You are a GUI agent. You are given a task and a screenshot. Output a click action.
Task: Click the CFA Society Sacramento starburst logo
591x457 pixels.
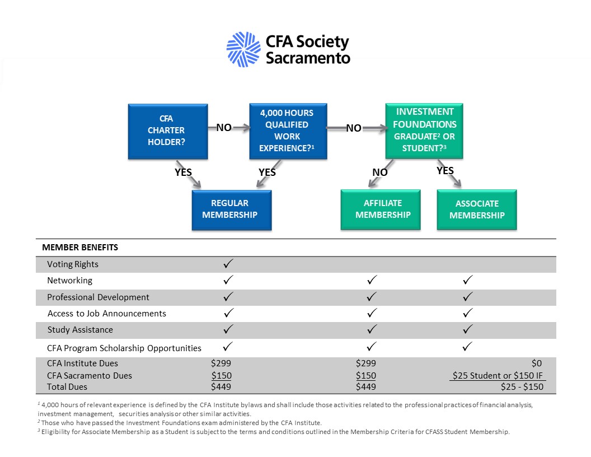[x=243, y=49]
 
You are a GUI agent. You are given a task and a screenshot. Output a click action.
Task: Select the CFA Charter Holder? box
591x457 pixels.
[x=168, y=130]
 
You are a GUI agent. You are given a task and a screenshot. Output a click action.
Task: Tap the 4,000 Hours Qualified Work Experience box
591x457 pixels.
[x=287, y=130]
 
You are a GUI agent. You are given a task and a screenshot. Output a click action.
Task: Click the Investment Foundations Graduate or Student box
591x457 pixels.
[x=424, y=130]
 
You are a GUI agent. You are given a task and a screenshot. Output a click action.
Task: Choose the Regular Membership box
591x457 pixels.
[x=231, y=209]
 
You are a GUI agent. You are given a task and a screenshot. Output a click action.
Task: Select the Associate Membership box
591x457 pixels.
[x=477, y=209]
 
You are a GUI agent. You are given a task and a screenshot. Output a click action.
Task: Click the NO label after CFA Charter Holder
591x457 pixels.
[x=224, y=128]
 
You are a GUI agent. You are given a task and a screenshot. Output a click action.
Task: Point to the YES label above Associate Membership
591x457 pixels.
[x=445, y=171]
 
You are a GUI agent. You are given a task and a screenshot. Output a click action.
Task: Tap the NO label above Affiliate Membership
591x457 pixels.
[x=380, y=172]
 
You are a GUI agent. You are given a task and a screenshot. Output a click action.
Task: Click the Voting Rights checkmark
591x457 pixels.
[x=228, y=263]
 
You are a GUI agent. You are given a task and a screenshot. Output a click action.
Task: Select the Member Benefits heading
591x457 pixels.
[x=80, y=247]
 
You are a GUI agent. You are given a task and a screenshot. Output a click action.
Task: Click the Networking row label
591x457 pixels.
[x=69, y=281]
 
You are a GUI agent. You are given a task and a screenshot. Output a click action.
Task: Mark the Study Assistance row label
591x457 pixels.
[x=80, y=330]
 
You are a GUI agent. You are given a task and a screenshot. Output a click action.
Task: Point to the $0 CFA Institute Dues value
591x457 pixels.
[x=537, y=363]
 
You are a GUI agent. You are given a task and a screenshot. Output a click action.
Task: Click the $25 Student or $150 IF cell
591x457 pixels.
[x=498, y=375]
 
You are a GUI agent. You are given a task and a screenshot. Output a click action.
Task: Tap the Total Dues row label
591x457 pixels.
[x=67, y=386]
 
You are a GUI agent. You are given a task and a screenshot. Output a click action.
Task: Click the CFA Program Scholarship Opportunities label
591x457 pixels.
[x=124, y=348]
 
